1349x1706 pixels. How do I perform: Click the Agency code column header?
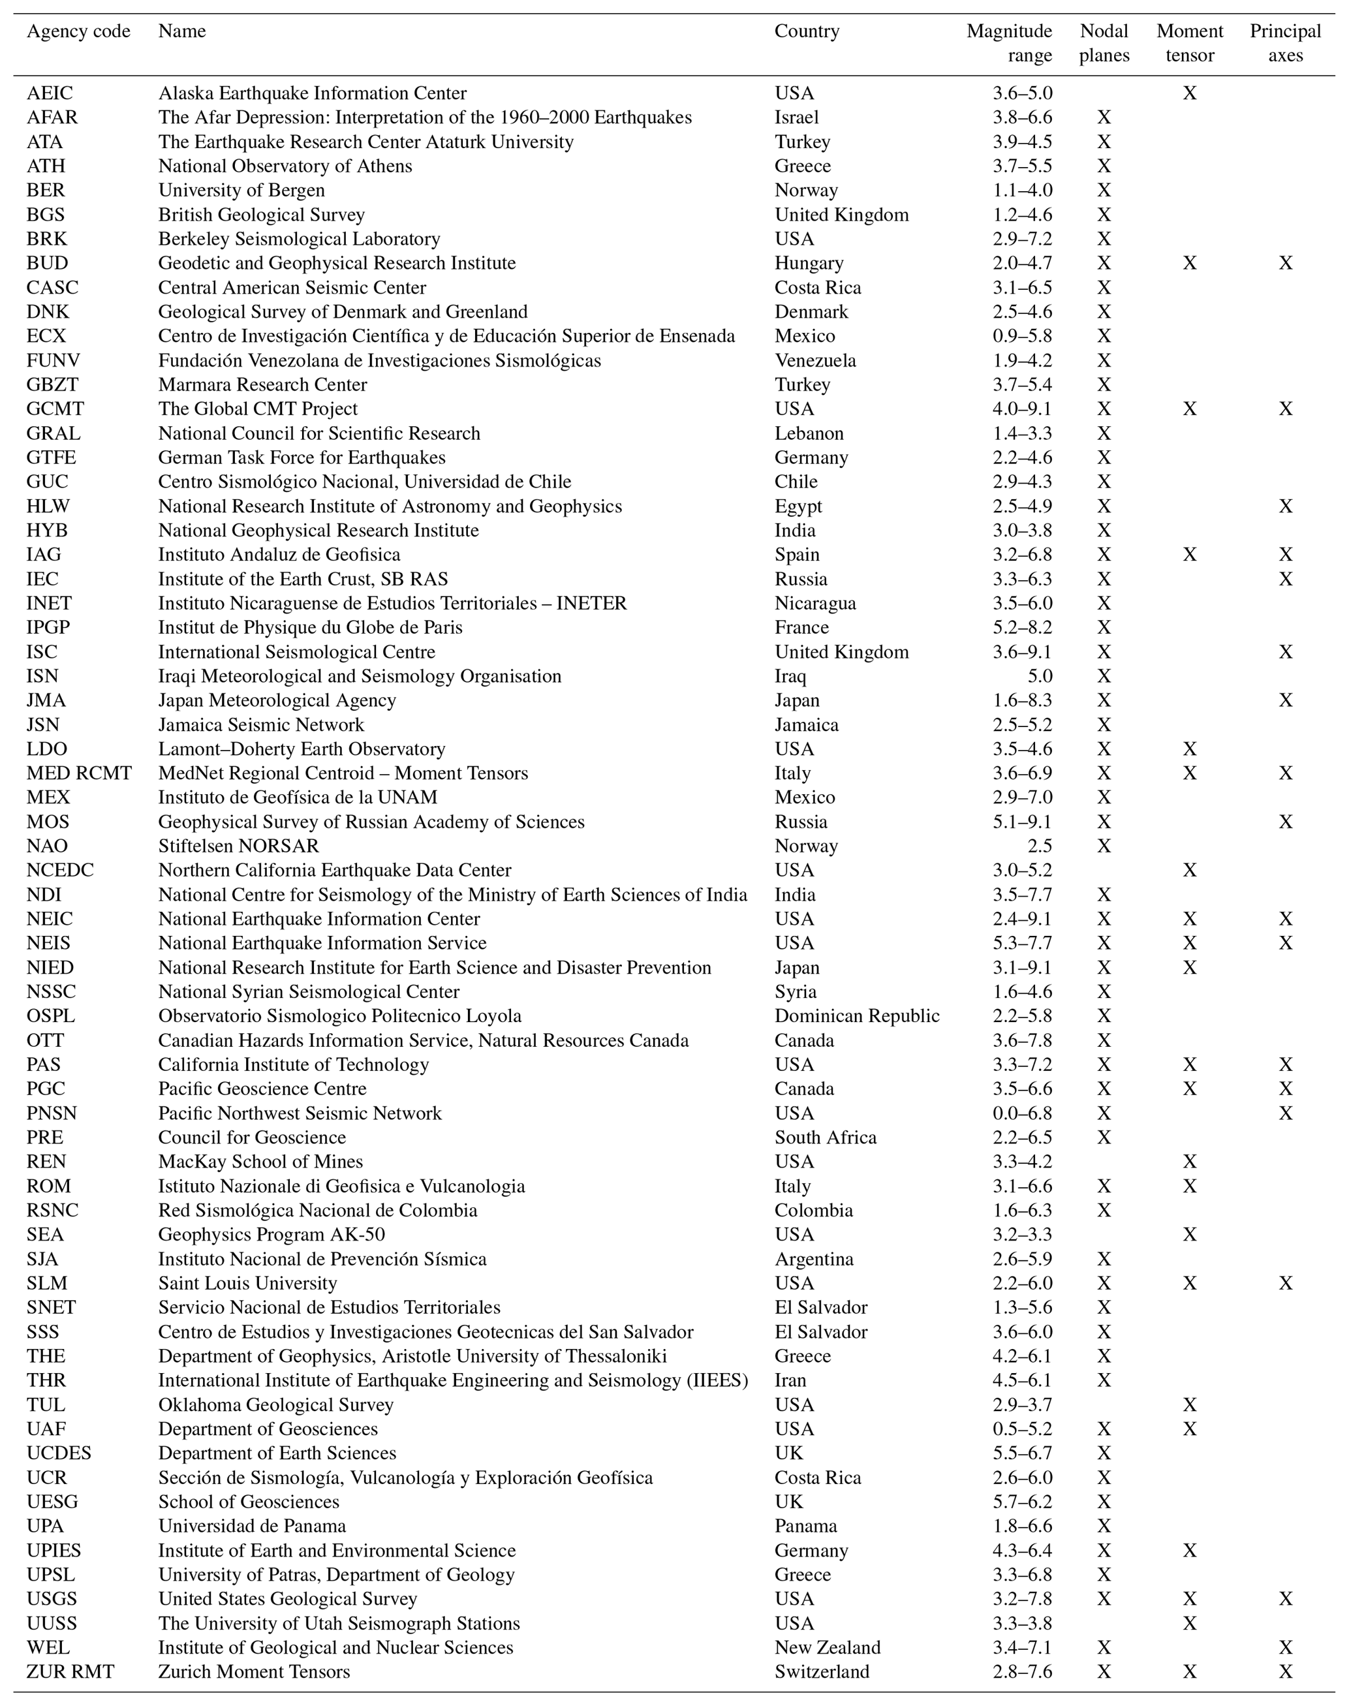tap(78, 31)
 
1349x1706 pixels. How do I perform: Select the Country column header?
tap(807, 31)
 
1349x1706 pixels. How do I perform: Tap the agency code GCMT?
tap(55, 409)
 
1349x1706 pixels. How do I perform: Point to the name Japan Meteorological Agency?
tap(277, 700)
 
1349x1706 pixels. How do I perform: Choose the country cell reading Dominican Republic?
tap(857, 1017)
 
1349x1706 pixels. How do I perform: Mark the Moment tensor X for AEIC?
tap(1190, 93)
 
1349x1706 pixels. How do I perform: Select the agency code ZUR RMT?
tap(70, 1672)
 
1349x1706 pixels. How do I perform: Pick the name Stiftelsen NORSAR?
tap(238, 846)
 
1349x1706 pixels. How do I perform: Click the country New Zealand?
tap(827, 1647)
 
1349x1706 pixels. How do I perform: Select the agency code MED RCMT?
tap(79, 773)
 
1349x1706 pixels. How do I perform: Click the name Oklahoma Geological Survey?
tap(275, 1405)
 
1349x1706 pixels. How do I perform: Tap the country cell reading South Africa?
tap(826, 1138)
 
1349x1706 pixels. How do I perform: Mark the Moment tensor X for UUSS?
tap(1190, 1624)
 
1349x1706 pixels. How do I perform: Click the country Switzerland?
tap(822, 1672)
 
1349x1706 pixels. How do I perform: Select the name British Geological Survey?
tap(262, 215)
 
